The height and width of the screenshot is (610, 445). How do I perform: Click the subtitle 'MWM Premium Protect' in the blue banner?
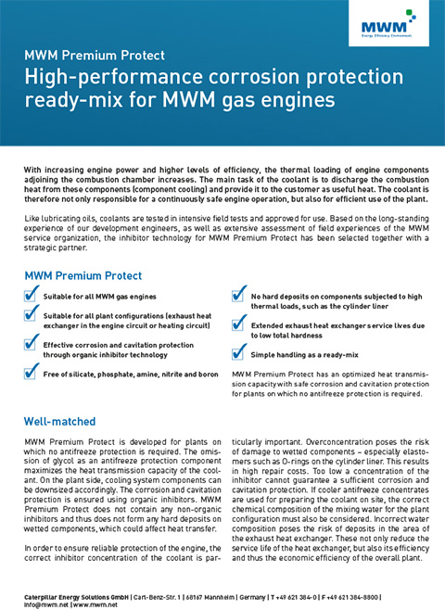(96, 57)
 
